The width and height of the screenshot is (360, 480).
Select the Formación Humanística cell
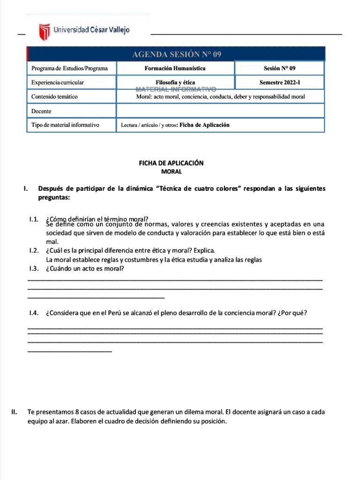[175, 68]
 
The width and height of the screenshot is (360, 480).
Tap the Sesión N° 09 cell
[279, 68]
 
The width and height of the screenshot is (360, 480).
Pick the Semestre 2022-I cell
[279, 82]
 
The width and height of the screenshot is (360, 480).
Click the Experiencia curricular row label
[58, 82]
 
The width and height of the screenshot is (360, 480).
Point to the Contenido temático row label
[54, 97]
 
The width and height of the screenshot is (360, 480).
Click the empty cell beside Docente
[220, 111]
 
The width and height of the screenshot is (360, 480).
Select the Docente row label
[41, 111]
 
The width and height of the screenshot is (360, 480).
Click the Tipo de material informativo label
[65, 125]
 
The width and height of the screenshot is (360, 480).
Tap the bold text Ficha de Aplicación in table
[204, 125]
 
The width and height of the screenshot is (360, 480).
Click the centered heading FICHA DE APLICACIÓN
[171, 163]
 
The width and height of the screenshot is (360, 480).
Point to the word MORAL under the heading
[171, 172]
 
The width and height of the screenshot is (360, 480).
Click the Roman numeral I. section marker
[26, 188]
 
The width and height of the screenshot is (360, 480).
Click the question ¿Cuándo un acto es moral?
[85, 269]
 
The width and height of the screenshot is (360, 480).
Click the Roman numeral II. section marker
[14, 412]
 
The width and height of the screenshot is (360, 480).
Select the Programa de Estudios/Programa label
[69, 68]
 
